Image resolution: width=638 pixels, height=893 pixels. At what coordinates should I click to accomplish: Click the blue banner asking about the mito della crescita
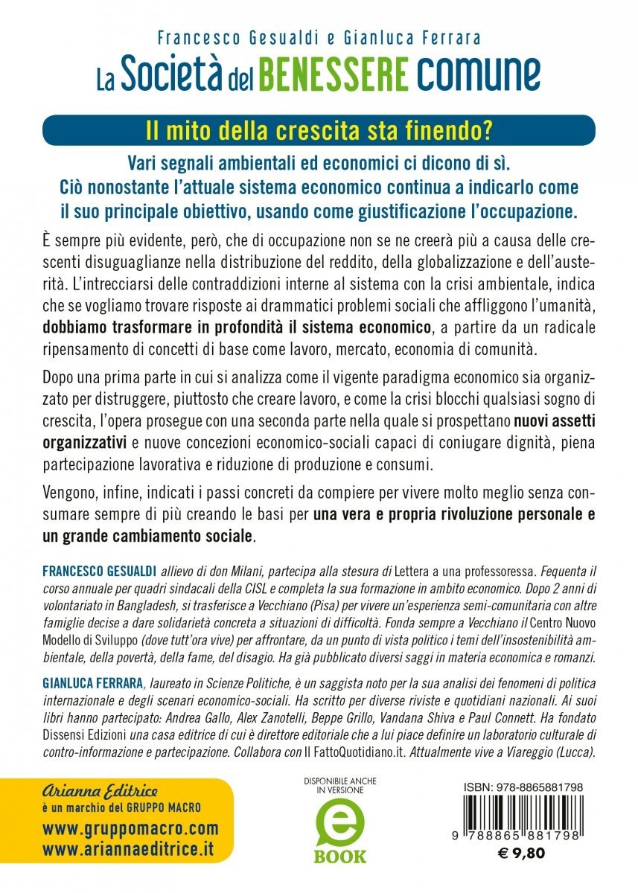319,129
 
